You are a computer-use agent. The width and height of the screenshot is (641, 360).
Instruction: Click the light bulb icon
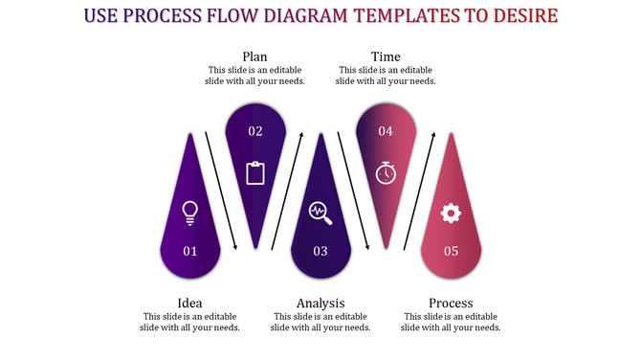coord(189,213)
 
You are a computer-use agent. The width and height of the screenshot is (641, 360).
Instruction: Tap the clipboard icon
coord(255,172)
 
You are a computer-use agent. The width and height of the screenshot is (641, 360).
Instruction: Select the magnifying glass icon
coord(320,213)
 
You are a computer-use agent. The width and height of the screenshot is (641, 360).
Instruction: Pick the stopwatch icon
coord(386,172)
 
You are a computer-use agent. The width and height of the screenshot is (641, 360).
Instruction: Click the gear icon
coord(451,213)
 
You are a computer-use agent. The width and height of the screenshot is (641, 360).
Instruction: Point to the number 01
coord(189,251)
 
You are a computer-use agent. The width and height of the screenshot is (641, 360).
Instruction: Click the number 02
coord(255,131)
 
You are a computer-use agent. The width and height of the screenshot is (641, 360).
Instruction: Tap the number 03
coord(320,251)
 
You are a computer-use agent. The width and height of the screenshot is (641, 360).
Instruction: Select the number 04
coord(386,131)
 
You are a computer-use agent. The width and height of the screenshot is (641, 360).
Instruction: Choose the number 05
coord(451,251)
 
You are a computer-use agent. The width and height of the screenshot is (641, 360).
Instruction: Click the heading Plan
coord(254,56)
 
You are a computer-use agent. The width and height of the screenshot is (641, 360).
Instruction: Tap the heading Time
coord(386,56)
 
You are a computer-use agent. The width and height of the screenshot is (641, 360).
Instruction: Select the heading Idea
coord(189,303)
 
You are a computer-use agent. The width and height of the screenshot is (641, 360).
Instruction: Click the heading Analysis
coord(320,303)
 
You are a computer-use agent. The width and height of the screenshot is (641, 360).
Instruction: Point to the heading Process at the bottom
coord(451,303)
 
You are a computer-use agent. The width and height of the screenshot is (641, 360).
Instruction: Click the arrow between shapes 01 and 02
coord(221,191)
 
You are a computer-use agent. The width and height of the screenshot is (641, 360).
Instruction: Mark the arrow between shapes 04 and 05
coord(419,191)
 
